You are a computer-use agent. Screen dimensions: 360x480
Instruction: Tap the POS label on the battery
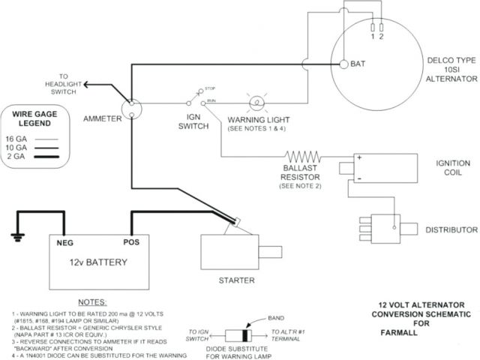pos(132,243)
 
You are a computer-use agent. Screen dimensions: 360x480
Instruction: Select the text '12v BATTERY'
pos(97,262)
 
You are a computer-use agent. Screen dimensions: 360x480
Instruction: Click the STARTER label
pos(237,280)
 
